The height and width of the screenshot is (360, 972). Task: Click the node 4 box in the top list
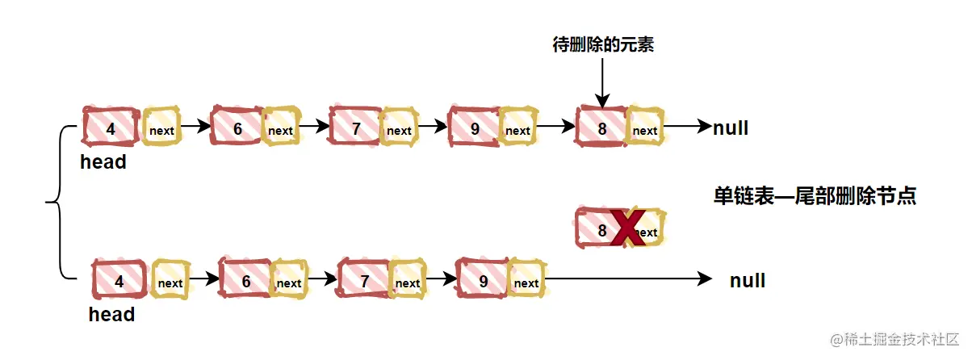click(x=111, y=128)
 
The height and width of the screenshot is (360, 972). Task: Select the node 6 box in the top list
click(x=237, y=128)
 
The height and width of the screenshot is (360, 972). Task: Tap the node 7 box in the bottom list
click(x=365, y=282)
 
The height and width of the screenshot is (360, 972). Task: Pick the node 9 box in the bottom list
click(x=483, y=282)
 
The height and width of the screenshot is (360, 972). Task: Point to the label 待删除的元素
click(x=602, y=45)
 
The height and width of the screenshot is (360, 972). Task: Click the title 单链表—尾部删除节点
click(x=815, y=195)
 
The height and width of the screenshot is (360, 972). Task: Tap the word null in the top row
click(x=731, y=128)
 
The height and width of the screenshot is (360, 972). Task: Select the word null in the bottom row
click(x=748, y=281)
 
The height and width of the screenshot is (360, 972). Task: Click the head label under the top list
click(x=103, y=162)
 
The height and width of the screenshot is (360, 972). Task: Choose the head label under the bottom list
click(x=111, y=315)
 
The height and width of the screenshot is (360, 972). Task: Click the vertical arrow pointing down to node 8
click(x=602, y=81)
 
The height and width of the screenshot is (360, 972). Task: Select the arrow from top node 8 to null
click(x=686, y=127)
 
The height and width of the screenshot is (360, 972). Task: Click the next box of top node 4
click(x=161, y=129)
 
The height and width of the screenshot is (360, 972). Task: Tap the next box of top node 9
click(x=517, y=129)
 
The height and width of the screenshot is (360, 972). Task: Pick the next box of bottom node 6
click(x=288, y=283)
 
